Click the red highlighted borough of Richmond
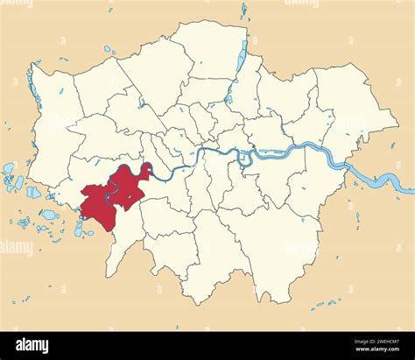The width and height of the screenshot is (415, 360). [x=114, y=197]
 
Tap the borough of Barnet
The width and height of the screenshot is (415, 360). [x=153, y=70]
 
